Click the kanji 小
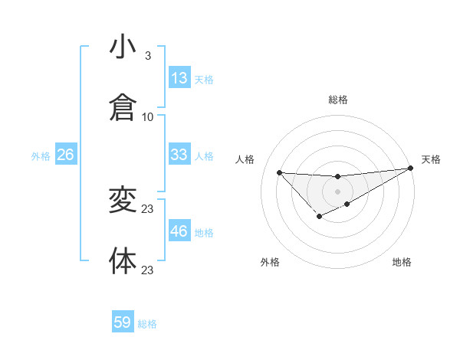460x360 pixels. (x=123, y=47)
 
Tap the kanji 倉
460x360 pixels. (x=123, y=107)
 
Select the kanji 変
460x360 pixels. (x=123, y=201)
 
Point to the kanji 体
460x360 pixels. (x=123, y=260)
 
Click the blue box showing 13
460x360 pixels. (x=179, y=78)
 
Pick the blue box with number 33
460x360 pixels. (x=179, y=155)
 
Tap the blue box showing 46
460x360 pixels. (x=179, y=231)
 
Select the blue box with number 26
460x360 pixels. (x=65, y=155)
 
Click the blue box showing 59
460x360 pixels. (x=123, y=322)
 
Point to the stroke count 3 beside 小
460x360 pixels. (x=148, y=56)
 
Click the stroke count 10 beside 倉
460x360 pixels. (x=148, y=117)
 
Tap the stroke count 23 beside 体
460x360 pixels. (x=148, y=270)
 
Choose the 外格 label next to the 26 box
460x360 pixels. (x=41, y=156)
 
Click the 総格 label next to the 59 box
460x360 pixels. (x=147, y=324)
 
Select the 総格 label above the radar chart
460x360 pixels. (x=338, y=100)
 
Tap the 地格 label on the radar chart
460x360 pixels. (x=402, y=262)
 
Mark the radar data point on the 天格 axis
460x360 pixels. (x=411, y=169)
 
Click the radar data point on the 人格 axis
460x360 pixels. (x=279, y=172)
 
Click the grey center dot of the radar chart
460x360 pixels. (x=337, y=191)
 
